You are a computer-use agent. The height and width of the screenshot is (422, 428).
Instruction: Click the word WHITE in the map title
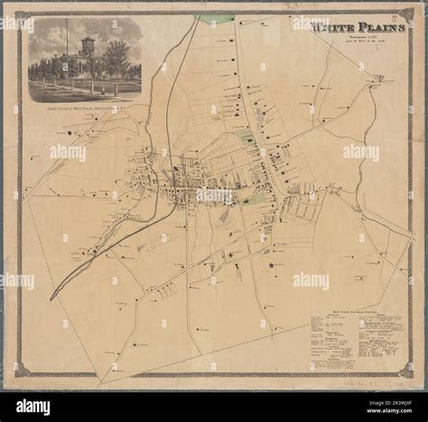click(x=330, y=28)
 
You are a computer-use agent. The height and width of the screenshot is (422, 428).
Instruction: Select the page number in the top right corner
click(x=396, y=15)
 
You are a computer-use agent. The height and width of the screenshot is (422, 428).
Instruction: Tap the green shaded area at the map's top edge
click(x=215, y=18)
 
